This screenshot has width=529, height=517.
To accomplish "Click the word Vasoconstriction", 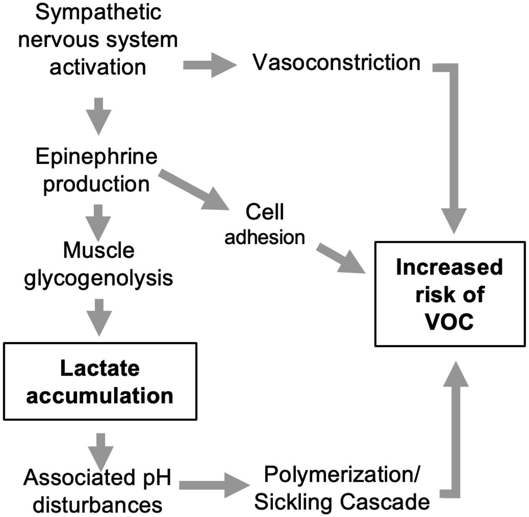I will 336,62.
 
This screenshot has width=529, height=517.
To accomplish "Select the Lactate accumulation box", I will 100,381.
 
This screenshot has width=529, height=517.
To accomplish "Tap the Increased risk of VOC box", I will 449,294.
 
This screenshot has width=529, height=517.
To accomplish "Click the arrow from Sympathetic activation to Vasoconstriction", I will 209,65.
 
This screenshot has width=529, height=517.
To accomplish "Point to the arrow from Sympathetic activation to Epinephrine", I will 98,115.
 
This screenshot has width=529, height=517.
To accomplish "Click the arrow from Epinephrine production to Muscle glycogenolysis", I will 98,222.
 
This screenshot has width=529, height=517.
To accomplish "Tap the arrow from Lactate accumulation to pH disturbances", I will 102,450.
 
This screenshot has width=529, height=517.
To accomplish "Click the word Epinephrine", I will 97,157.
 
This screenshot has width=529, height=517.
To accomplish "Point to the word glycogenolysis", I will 98,278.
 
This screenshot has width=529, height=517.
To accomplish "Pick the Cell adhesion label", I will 264,224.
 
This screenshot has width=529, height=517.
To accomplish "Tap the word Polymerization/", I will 342,475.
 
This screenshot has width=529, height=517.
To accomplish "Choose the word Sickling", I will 295,502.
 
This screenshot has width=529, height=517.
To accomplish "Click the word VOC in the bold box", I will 449,321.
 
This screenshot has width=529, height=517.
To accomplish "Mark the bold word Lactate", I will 100,368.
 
